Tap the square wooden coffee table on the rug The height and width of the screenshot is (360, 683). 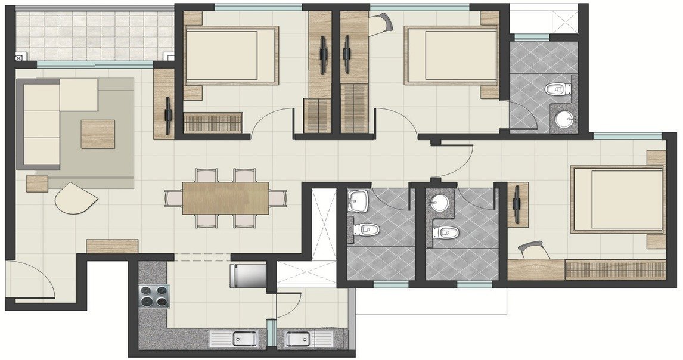pos(98,134)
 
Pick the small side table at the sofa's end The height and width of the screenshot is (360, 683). pos(37,184)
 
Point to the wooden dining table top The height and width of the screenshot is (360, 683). pos(225,197)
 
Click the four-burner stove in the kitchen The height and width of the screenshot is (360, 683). pos(153,296)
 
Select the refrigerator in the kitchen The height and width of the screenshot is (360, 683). pos(249,277)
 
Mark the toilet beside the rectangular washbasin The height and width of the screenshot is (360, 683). pos(368,229)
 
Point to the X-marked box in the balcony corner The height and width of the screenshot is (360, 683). pos(20,58)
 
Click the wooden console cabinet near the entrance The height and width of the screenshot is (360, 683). pos(112,246)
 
